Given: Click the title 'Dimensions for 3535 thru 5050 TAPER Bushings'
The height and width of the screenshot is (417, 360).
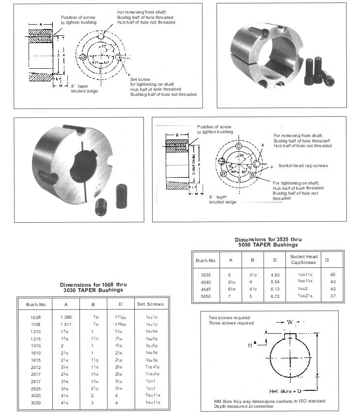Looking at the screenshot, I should [268, 242].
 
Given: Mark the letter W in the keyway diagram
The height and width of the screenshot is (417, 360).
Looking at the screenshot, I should [289, 321].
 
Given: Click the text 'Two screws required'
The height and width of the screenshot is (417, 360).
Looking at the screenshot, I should [229, 318].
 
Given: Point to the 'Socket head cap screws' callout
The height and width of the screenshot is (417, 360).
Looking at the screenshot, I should [303, 166].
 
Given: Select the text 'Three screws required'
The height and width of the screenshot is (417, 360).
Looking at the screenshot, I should [231, 323].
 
